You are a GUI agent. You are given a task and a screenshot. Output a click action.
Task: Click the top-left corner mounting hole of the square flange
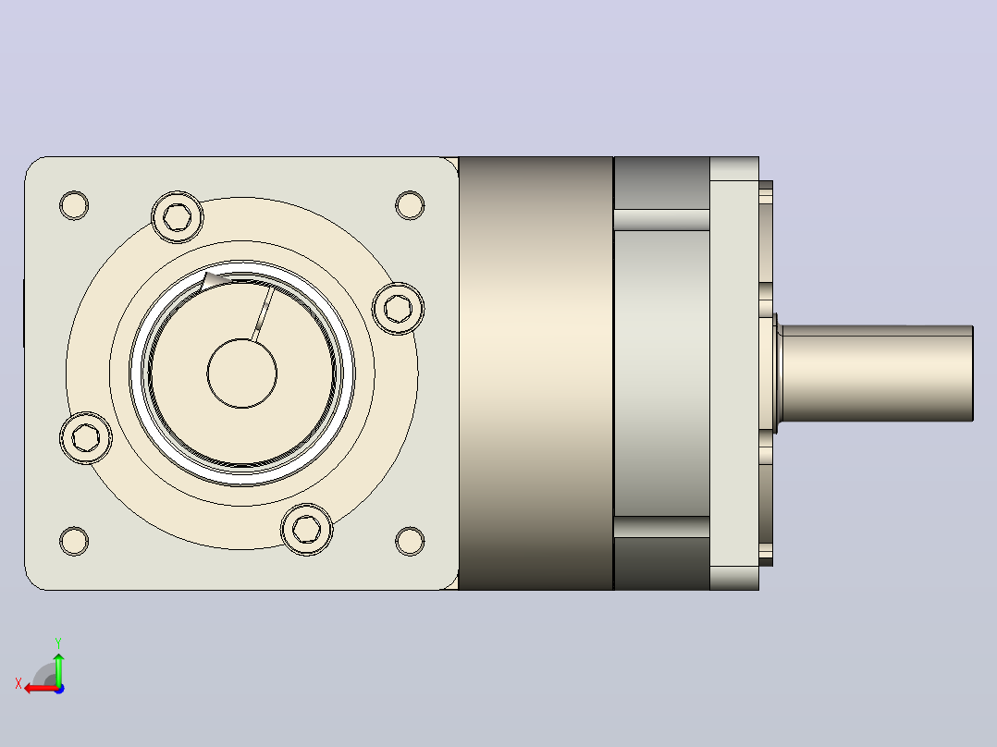click(74, 205)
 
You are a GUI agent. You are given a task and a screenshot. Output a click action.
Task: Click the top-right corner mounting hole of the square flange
click(410, 205)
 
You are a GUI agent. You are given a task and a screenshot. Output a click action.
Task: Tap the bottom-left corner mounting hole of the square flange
click(74, 541)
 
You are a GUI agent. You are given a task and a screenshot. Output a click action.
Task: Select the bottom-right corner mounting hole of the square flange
click(410, 541)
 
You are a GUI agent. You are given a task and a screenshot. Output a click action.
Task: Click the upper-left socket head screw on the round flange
click(178, 216)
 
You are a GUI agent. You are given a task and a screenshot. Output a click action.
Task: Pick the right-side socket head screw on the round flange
click(398, 309)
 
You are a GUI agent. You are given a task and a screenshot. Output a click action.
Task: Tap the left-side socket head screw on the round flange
click(86, 437)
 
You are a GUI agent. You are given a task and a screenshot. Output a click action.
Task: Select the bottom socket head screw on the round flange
click(306, 529)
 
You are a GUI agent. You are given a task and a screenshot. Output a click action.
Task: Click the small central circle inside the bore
click(242, 373)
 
